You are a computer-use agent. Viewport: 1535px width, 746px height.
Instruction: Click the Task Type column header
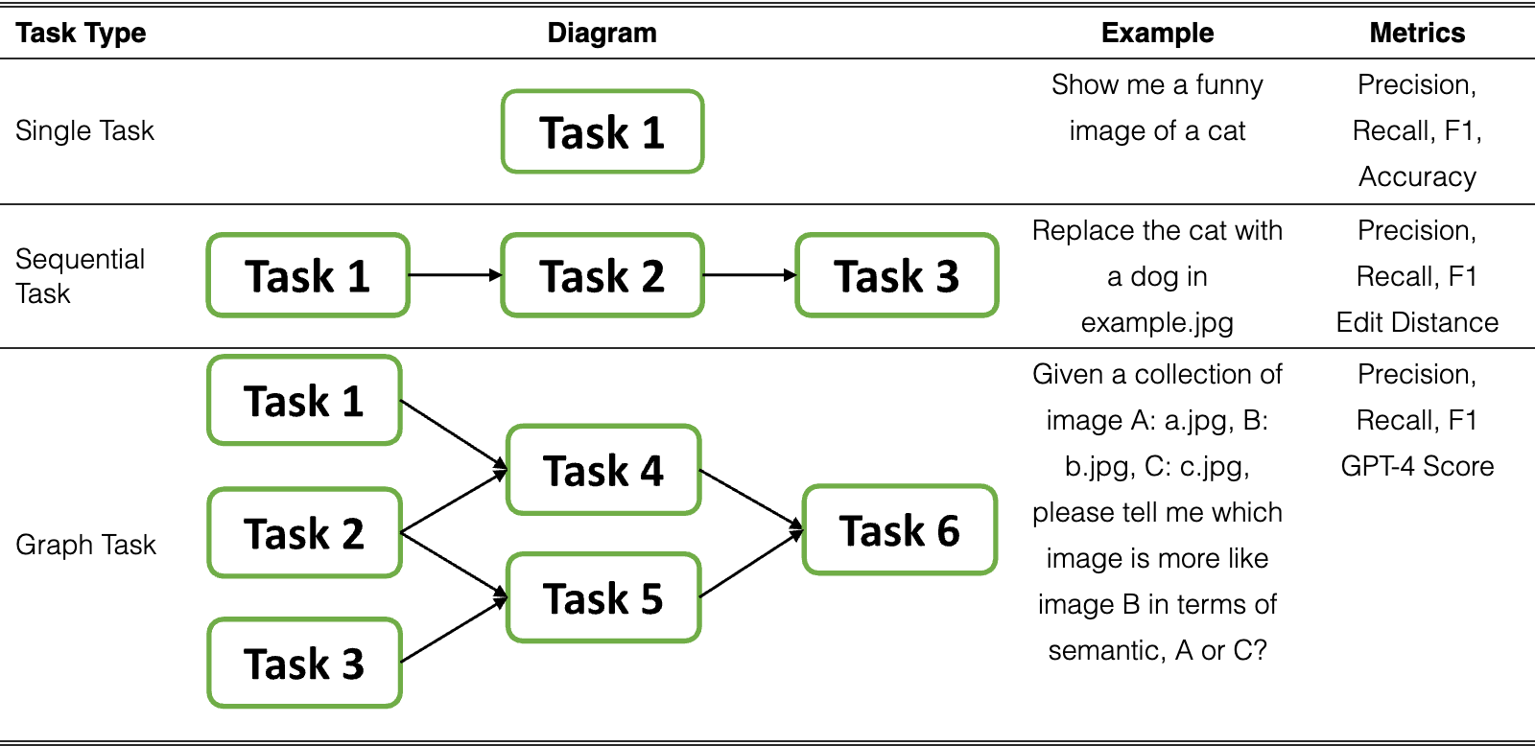pyautogui.click(x=81, y=33)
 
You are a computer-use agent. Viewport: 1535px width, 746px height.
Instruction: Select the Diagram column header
pyautogui.click(x=602, y=33)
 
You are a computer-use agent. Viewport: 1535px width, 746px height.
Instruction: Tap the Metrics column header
pyautogui.click(x=1417, y=33)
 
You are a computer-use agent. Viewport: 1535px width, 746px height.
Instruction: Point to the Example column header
pyautogui.click(x=1157, y=33)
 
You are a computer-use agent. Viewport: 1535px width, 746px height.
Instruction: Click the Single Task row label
pyautogui.click(x=85, y=130)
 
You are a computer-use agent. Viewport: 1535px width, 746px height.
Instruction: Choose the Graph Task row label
pyautogui.click(x=85, y=545)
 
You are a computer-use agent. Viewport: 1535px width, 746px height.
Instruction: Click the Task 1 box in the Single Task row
pyautogui.click(x=602, y=131)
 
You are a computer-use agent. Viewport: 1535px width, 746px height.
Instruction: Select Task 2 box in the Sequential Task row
pyautogui.click(x=602, y=275)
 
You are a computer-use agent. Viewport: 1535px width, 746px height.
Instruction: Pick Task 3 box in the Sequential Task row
pyautogui.click(x=896, y=275)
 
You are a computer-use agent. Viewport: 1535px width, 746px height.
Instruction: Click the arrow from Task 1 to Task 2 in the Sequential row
pyautogui.click(x=455, y=274)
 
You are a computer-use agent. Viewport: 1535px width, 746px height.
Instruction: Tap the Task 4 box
pyautogui.click(x=603, y=470)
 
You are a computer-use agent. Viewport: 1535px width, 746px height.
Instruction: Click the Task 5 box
pyautogui.click(x=603, y=598)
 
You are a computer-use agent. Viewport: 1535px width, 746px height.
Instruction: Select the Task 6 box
pyautogui.click(x=899, y=529)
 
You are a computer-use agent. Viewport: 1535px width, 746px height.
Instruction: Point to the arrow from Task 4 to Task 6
pyautogui.click(x=751, y=501)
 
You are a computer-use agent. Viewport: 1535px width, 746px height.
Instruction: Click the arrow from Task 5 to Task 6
pyautogui.click(x=751, y=564)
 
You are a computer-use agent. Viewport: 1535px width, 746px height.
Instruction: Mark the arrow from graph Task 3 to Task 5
pyautogui.click(x=454, y=630)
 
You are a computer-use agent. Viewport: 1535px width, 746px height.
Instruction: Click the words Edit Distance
pyautogui.click(x=1417, y=322)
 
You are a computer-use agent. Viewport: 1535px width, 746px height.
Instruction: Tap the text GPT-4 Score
pyautogui.click(x=1417, y=466)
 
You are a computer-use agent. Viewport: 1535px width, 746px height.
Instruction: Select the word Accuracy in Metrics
pyautogui.click(x=1417, y=176)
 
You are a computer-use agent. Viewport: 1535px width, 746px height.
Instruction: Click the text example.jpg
pyautogui.click(x=1157, y=322)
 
